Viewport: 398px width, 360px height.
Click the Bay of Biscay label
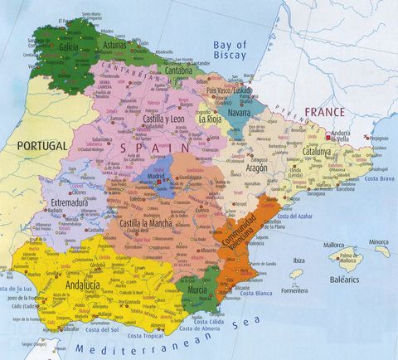[x=231, y=49]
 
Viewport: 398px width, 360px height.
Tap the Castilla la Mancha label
[x=150, y=223]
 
